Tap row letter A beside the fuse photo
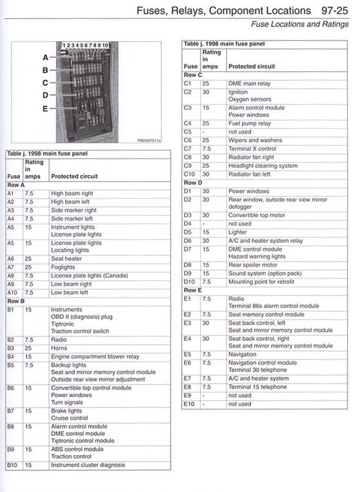click(45, 57)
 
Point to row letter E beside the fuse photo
click(45, 108)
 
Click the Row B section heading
click(15, 301)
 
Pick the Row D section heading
click(193, 183)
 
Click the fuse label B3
click(11, 348)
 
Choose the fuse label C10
click(190, 174)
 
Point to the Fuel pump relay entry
click(250, 123)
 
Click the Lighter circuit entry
click(237, 232)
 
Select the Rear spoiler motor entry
click(253, 265)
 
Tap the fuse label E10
click(190, 404)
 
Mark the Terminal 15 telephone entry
click(257, 387)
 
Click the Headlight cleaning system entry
click(263, 166)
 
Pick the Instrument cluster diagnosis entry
click(88, 465)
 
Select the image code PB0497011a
click(149, 139)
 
